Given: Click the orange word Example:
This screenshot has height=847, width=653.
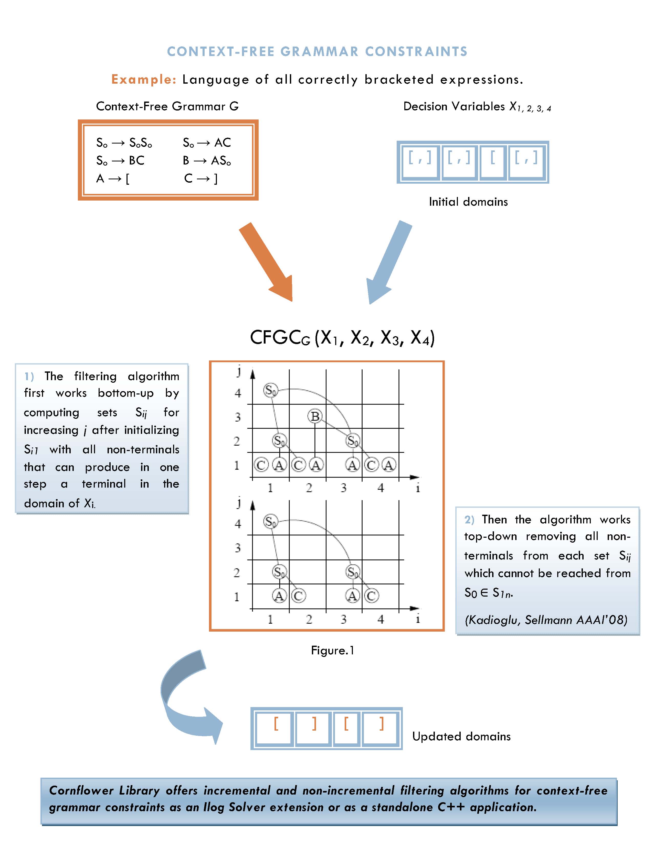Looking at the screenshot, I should tap(144, 80).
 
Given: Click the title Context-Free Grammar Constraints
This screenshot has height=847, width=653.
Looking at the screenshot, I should tap(317, 52).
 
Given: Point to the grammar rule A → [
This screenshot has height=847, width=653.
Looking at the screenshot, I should tap(113, 179).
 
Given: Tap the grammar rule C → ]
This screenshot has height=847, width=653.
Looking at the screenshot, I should tap(201, 179).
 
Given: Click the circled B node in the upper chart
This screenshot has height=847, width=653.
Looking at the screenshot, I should tap(315, 416).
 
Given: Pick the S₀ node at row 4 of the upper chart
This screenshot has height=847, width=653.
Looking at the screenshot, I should tap(271, 390).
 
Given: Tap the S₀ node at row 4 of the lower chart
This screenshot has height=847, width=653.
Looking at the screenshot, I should tap(271, 521).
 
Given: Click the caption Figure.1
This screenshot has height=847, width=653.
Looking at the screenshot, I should tap(332, 650).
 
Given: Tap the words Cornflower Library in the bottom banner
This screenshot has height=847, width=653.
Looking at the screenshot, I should tap(104, 791).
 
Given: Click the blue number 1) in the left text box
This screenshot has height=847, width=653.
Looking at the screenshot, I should tap(29, 377).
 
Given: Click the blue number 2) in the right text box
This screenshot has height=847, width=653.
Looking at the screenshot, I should tap(469, 520).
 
